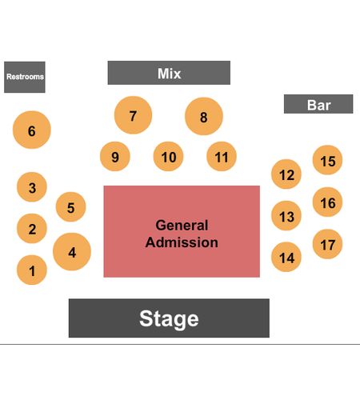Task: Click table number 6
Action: click(x=32, y=130)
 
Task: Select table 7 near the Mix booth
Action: click(x=133, y=115)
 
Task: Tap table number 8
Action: click(x=204, y=116)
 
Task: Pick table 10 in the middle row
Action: click(x=168, y=156)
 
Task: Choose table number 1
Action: click(x=32, y=270)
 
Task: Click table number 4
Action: click(x=72, y=252)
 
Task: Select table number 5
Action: click(x=70, y=206)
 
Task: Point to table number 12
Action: click(x=286, y=174)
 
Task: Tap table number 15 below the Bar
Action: click(x=327, y=160)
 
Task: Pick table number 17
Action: click(x=327, y=244)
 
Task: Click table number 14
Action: click(x=286, y=257)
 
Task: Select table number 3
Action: click(x=32, y=187)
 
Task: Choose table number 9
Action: click(x=115, y=156)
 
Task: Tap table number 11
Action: click(x=222, y=156)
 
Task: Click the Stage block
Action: click(x=169, y=318)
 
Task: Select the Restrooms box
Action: click(x=25, y=77)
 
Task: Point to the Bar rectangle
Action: click(x=318, y=104)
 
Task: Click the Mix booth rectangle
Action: click(x=169, y=73)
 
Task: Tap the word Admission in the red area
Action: click(x=182, y=242)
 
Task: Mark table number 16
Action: click(x=327, y=202)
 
